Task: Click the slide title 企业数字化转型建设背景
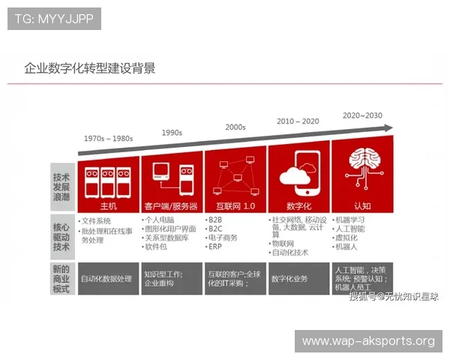point(90,68)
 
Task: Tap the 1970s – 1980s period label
point(108,139)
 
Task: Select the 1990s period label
point(172,133)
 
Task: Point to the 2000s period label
point(235,127)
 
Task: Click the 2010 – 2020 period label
point(298,121)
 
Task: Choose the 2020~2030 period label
point(362,115)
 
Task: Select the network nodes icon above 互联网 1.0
point(235,177)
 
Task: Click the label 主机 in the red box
point(108,205)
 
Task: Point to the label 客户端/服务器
point(171,205)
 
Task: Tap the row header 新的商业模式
point(61,278)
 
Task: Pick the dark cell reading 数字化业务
point(289,278)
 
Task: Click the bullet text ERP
point(215,247)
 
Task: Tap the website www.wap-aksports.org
point(368,341)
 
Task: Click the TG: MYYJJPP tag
point(54,19)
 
